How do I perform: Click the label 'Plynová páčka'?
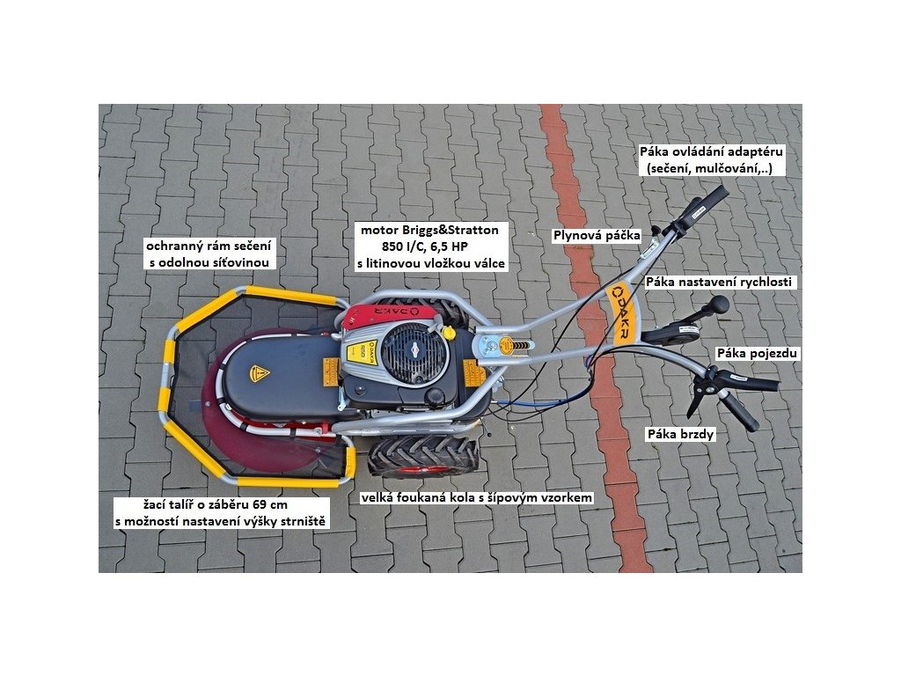[596, 235]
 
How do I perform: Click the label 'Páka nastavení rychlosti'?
[720, 283]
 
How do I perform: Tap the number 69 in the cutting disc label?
[257, 506]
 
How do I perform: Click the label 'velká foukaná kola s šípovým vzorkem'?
[477, 497]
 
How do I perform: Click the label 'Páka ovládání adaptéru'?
[712, 151]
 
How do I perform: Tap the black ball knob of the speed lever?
[720, 305]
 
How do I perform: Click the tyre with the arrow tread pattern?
[422, 455]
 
